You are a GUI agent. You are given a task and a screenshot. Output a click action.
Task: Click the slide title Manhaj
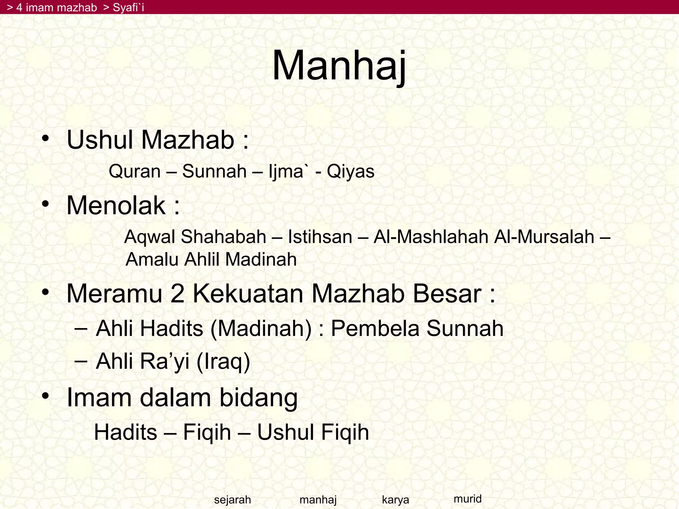point(339,66)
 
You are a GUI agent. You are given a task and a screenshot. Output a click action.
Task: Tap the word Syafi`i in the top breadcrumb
point(128,7)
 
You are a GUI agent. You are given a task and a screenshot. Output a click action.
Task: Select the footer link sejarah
point(232,499)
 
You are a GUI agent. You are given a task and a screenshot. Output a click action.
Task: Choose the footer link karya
point(395,499)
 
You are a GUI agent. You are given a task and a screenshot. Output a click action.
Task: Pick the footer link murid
point(467,498)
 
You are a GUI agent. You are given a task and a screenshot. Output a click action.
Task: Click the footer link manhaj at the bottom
point(318,499)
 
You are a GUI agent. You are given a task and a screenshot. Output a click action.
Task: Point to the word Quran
point(135,172)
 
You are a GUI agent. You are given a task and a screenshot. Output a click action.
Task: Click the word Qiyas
point(350,172)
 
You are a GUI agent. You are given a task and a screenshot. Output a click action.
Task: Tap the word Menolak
point(116,205)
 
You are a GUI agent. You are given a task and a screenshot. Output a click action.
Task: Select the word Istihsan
point(320,237)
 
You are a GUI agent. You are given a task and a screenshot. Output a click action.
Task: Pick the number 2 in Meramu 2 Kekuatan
point(177,294)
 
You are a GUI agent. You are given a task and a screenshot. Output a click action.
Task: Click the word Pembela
point(375,328)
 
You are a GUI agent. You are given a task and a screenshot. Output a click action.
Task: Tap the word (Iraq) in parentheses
point(223,361)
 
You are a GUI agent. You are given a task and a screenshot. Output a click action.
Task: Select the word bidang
point(258,397)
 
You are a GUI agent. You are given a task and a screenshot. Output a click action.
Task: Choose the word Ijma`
point(286,172)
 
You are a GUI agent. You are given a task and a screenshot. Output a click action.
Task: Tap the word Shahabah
point(223,237)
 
